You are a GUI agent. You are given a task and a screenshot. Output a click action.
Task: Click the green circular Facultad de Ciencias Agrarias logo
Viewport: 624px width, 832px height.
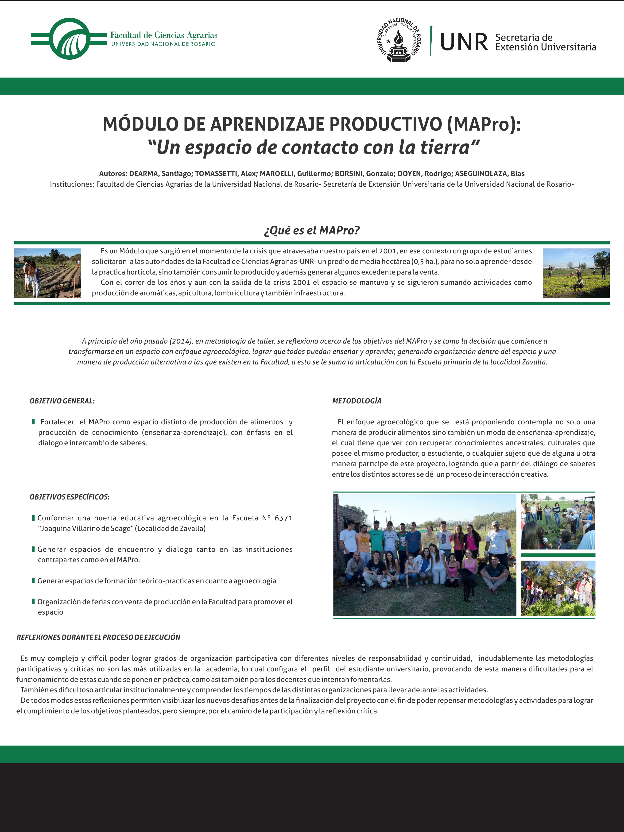click(x=70, y=39)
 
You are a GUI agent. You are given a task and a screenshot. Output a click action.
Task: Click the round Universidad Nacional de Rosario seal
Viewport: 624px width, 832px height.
click(x=399, y=39)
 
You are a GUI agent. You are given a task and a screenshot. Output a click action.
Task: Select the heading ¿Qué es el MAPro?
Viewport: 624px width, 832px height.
click(x=312, y=230)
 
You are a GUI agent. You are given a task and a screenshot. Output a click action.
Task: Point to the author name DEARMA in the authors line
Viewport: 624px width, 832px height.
click(x=144, y=174)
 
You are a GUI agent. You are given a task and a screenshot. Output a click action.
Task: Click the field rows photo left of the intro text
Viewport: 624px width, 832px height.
click(x=47, y=273)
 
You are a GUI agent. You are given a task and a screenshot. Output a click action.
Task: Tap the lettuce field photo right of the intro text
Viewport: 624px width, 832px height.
click(x=576, y=273)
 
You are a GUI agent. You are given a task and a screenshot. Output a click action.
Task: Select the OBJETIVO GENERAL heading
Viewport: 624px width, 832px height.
click(x=62, y=401)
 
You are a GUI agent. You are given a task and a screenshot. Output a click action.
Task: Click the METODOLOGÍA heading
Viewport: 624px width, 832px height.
click(x=357, y=401)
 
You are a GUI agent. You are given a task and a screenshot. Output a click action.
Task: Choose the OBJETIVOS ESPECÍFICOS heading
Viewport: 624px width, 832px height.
click(x=70, y=497)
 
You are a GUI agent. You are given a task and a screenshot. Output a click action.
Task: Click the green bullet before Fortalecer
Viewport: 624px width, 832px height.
click(x=34, y=422)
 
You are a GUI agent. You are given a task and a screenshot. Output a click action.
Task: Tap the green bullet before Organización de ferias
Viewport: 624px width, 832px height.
click(x=34, y=601)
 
